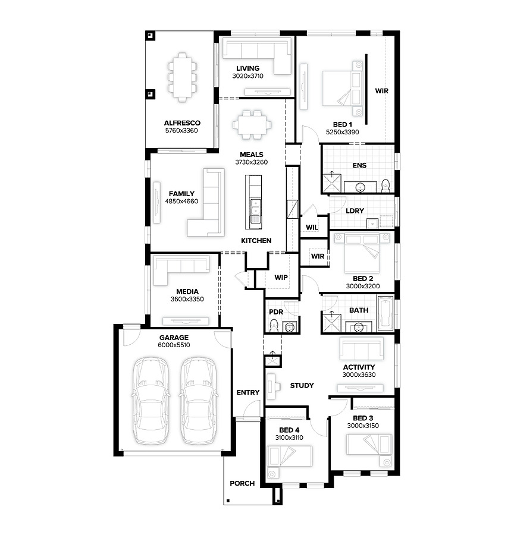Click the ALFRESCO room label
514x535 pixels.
(x=182, y=123)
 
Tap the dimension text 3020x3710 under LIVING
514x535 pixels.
(x=247, y=76)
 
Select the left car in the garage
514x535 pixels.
(x=151, y=401)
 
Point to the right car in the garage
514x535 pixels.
(x=199, y=401)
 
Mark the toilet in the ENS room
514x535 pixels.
(x=385, y=185)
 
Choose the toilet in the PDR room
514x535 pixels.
(x=274, y=326)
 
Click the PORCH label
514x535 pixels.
(x=242, y=483)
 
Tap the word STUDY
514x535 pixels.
(x=302, y=386)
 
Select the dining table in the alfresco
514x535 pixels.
(x=182, y=77)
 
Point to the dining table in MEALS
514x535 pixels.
(x=252, y=125)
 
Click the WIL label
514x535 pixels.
(x=312, y=227)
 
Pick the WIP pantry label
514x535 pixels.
(x=281, y=278)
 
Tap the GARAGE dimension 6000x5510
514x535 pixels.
(x=174, y=345)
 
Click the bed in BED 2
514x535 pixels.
(x=362, y=253)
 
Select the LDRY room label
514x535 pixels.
(x=355, y=211)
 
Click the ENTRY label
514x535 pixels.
(x=248, y=392)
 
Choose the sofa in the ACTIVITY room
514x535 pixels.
(x=362, y=348)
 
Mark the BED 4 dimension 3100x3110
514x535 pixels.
(x=289, y=438)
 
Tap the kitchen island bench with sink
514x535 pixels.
(x=253, y=202)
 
